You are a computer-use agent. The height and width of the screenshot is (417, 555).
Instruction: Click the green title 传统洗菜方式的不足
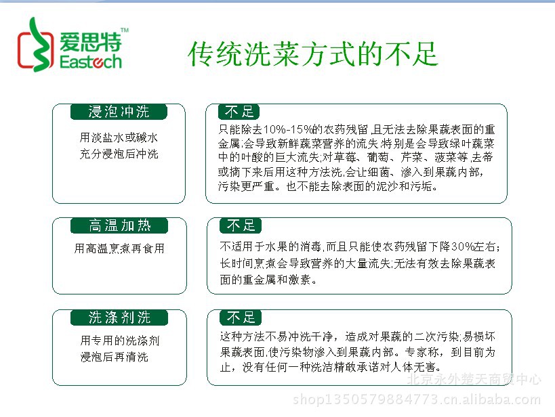(313, 54)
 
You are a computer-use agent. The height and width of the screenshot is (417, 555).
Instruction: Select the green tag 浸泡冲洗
(119, 112)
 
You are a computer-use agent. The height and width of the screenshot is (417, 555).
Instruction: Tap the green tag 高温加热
(119, 225)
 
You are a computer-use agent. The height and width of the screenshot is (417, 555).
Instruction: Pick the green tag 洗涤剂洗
(119, 317)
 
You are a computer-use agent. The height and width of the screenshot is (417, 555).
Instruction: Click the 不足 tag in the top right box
(239, 112)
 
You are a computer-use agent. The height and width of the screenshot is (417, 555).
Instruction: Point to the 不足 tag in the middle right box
(241, 225)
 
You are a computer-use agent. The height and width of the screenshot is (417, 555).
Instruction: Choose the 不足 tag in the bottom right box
(241, 317)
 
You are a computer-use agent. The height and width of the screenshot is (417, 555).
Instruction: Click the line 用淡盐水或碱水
(119, 137)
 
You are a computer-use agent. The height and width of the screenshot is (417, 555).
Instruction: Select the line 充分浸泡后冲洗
(119, 154)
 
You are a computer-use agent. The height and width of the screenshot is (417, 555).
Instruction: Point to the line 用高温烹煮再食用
(119, 248)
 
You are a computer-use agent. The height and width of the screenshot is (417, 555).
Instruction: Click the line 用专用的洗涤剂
(120, 341)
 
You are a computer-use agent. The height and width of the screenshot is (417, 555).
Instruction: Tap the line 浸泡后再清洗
(114, 357)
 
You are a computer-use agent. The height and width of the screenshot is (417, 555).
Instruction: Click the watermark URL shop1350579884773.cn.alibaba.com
(417, 399)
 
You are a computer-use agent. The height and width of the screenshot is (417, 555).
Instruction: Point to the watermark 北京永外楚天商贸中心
(474, 379)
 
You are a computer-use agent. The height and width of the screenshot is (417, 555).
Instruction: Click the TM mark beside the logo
(125, 30)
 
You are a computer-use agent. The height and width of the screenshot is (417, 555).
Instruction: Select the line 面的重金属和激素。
(268, 280)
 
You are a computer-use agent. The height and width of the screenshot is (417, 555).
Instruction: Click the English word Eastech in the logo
(91, 62)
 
